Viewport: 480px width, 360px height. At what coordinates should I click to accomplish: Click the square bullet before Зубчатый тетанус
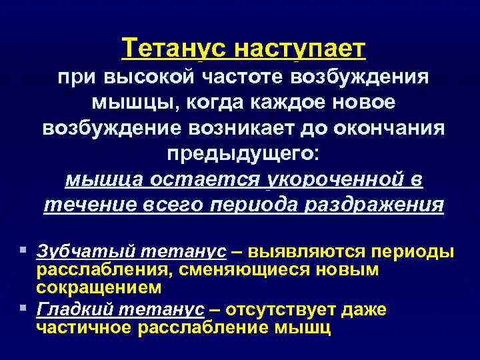point(24,251)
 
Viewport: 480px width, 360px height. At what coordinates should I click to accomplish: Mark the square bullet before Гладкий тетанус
point(24,309)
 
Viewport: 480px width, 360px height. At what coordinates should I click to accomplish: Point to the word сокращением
point(99,287)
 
